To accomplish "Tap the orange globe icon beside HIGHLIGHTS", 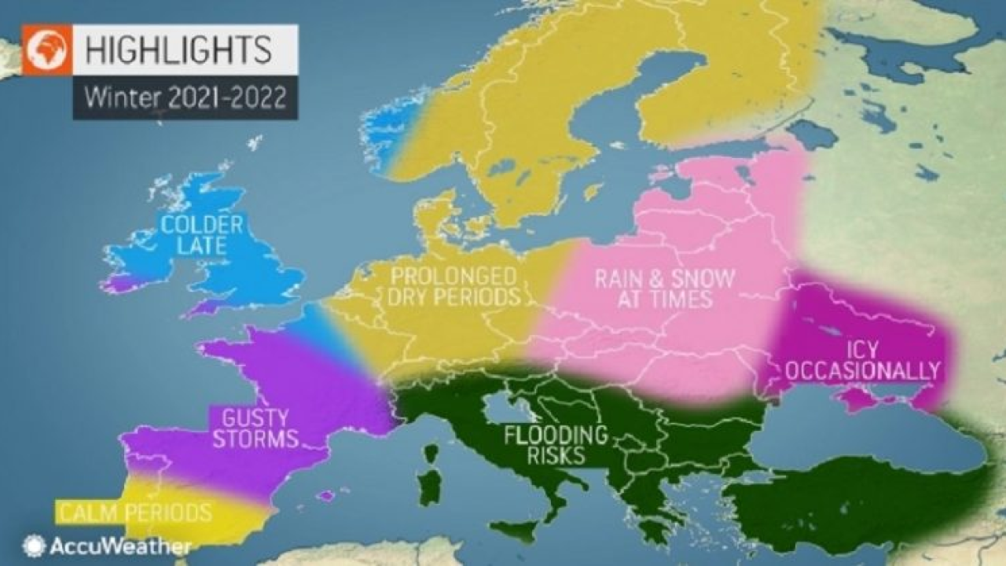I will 47,50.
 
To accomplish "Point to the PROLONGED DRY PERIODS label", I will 454,287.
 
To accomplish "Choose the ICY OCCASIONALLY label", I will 862,359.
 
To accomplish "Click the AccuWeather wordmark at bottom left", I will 120,546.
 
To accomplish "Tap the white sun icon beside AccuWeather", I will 34,546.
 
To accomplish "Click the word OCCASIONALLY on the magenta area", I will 862,370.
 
